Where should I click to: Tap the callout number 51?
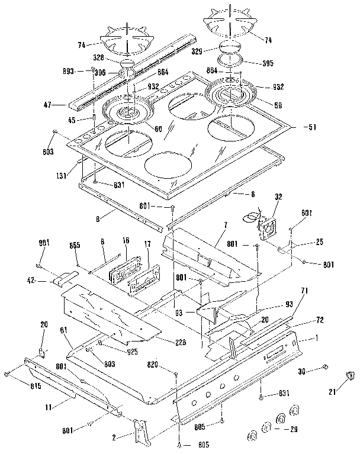click(310, 126)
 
